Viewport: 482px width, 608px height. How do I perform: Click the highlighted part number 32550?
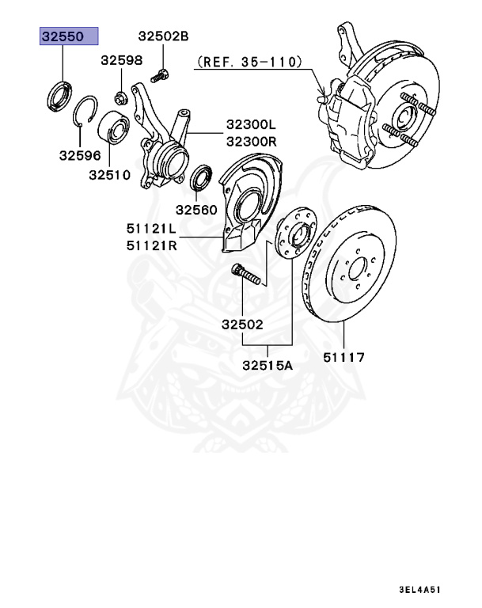click(x=70, y=36)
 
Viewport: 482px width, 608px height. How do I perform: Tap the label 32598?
click(x=121, y=61)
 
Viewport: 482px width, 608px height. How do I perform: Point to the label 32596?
click(x=79, y=156)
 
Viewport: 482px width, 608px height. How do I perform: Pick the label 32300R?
click(x=250, y=142)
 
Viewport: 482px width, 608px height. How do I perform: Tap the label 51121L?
click(x=150, y=229)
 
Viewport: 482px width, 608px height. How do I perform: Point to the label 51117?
click(x=343, y=358)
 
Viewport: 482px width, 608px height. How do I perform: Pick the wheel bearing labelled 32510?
click(x=113, y=131)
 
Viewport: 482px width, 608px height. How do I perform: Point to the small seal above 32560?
click(x=203, y=178)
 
